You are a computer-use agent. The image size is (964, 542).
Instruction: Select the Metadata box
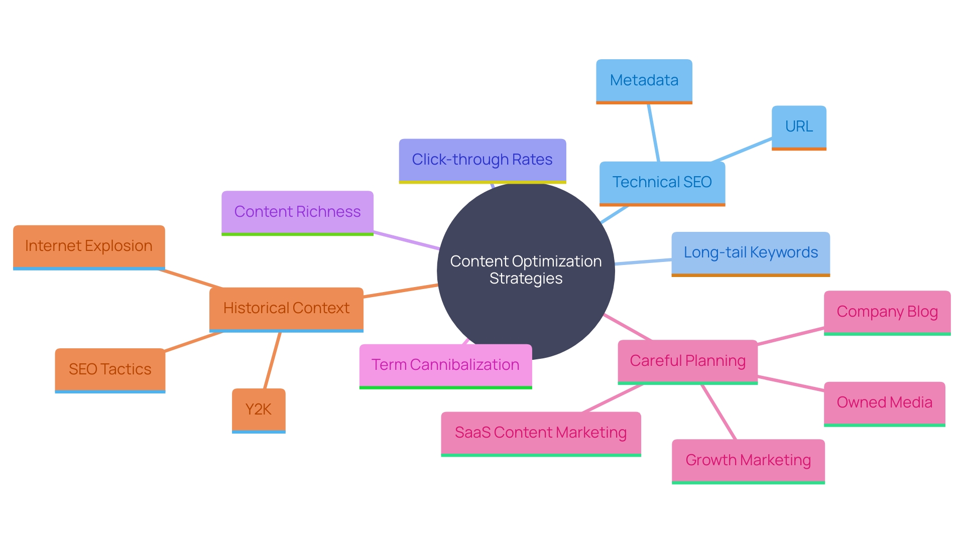[644, 81]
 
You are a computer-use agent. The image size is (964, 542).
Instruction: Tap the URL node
[798, 126]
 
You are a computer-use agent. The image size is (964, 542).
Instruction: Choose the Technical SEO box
[662, 182]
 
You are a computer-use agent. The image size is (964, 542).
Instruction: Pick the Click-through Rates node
[482, 160]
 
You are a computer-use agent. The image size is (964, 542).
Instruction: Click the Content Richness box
[297, 212]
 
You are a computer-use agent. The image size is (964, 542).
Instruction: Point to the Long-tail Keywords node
[750, 253]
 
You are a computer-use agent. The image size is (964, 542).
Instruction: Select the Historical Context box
[286, 309]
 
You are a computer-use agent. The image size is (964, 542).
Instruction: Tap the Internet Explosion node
[89, 246]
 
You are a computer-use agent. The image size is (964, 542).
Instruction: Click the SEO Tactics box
[110, 370]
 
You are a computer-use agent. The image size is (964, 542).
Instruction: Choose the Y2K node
[259, 410]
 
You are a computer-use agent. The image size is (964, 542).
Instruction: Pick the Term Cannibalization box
[445, 365]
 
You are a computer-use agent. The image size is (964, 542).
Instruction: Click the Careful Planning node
[687, 361]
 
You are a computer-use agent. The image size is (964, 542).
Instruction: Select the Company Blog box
[887, 312]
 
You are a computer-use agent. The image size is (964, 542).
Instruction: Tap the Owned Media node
[884, 403]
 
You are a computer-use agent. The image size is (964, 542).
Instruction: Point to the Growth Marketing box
[748, 461]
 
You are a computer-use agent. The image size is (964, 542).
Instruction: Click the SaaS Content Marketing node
[541, 433]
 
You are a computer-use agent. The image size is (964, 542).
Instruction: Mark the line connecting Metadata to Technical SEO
[653, 132]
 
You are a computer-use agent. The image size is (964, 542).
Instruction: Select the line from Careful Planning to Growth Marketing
[718, 412]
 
